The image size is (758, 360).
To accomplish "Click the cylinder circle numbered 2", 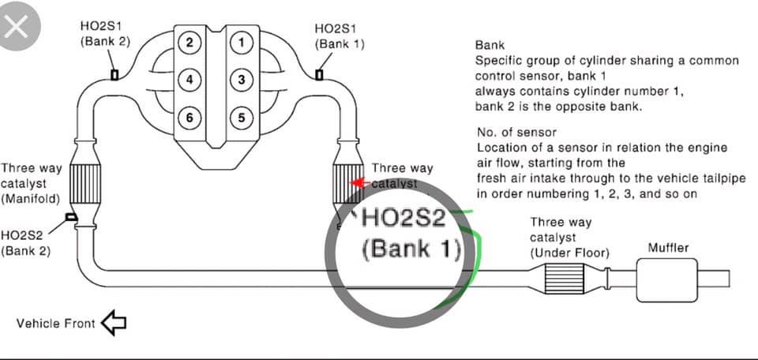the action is pos(189,43).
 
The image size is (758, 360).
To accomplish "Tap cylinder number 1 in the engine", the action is pos(242,43).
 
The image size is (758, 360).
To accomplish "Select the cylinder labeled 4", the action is pos(189,80).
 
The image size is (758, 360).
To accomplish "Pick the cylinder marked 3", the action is pos(242,80).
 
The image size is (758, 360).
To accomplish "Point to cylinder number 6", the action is pos(189,118).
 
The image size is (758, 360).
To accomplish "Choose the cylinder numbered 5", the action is pos(242,118).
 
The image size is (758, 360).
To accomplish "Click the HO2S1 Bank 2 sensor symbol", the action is pos(114,75).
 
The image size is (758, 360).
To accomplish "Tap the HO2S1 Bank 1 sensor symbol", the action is pos(319,75).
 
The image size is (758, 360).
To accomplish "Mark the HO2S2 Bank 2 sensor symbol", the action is pos(71,217).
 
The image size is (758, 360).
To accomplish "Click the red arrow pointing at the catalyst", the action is pos(360,183).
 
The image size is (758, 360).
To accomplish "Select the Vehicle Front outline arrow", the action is pos(114,323).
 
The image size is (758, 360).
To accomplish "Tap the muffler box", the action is pos(667,279).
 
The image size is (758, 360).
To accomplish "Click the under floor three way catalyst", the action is pos(565,279).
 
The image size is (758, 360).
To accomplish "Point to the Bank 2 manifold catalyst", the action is pos(85,184).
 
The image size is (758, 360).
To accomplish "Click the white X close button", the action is pos(17,27).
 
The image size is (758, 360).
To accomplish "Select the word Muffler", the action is pos(668,249).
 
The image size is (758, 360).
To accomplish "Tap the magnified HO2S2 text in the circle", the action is pos(403,219).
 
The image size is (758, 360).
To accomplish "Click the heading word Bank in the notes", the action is pos(490,46).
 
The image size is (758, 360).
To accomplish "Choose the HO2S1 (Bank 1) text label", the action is pos(340,36).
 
